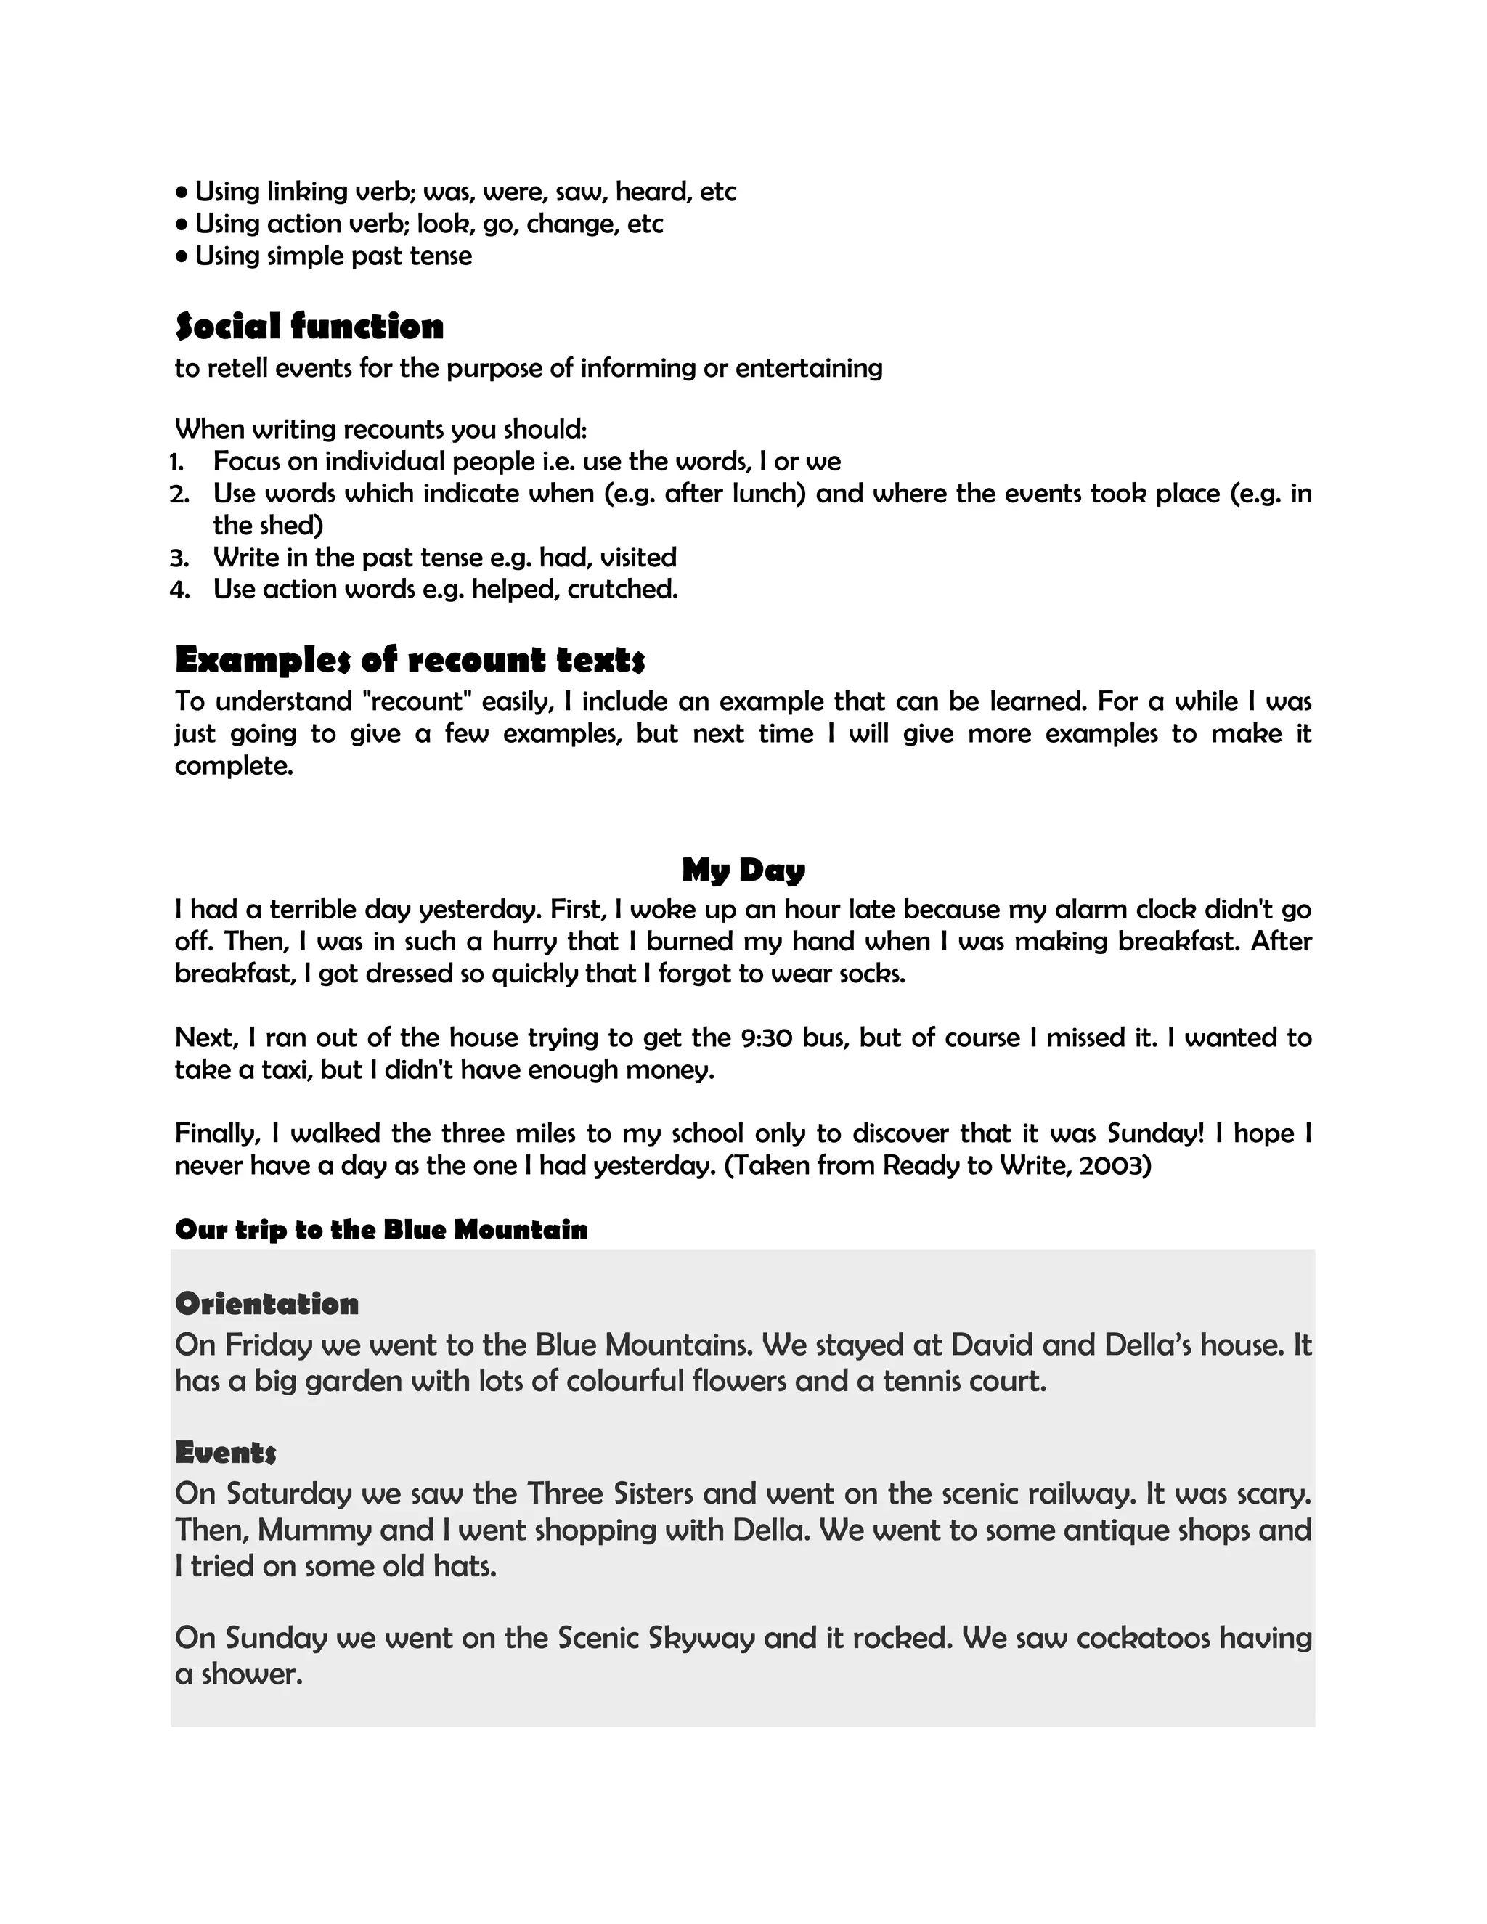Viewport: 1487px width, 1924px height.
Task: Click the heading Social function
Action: point(309,326)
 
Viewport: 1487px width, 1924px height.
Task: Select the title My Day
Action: point(743,870)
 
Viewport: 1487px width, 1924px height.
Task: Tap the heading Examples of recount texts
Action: point(410,659)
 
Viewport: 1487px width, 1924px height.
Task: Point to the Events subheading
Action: point(226,1451)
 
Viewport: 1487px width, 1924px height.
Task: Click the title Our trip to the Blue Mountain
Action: point(380,1229)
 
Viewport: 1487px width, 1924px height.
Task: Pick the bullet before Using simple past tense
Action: point(182,256)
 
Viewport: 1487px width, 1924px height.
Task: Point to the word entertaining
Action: point(808,367)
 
